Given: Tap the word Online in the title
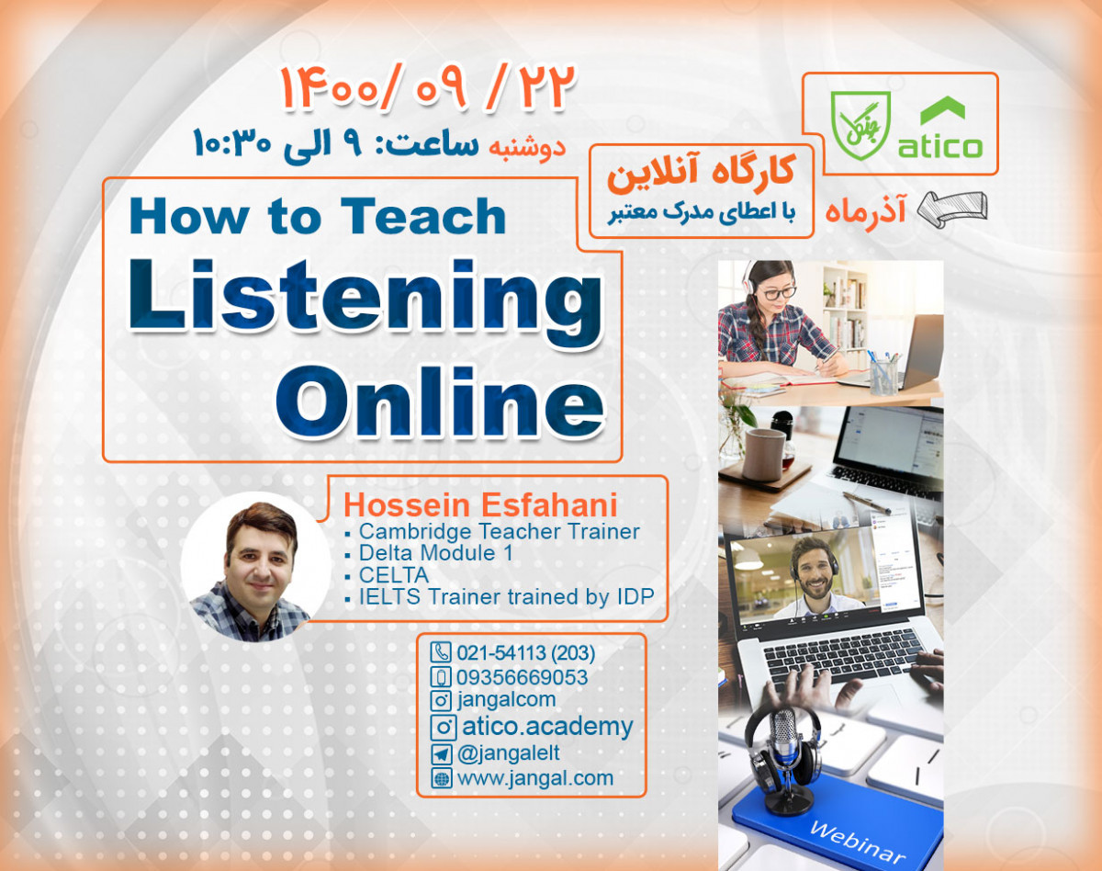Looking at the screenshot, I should tap(452, 398).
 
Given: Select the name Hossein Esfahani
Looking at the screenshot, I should tap(479, 505).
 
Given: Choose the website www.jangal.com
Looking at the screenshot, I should tap(534, 777).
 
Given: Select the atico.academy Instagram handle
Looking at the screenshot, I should tap(547, 727).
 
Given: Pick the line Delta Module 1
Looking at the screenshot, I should tap(435, 553).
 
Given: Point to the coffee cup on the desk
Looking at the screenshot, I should tap(762, 452).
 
